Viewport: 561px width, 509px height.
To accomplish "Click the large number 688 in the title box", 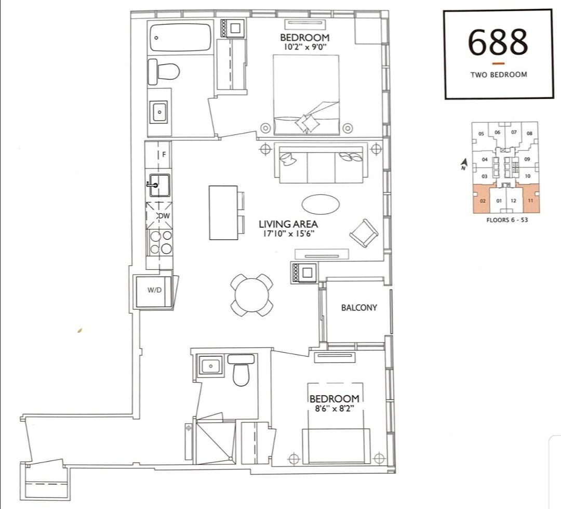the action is (498, 42).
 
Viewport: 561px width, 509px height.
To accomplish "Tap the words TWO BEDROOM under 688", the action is (498, 75).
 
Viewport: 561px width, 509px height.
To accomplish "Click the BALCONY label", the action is (359, 308).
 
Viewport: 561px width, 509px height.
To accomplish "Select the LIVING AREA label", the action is (288, 224).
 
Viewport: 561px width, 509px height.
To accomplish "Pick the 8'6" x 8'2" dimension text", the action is (334, 408).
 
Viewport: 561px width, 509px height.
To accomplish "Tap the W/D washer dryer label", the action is (154, 290).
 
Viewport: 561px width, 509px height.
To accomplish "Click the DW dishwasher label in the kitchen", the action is (164, 216).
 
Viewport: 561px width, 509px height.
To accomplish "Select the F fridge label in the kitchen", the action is (164, 155).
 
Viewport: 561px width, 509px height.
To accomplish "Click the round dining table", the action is (251, 295).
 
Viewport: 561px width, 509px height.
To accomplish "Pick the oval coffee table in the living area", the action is (321, 204).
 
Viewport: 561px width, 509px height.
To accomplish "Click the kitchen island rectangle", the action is (223, 213).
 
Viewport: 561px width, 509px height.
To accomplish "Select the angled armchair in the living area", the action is (364, 233).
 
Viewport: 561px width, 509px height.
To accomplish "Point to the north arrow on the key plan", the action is (464, 164).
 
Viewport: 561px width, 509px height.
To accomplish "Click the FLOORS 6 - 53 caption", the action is (507, 219).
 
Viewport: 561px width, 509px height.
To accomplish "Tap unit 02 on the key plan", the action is (483, 201).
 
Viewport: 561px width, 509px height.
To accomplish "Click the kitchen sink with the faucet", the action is (159, 185).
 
